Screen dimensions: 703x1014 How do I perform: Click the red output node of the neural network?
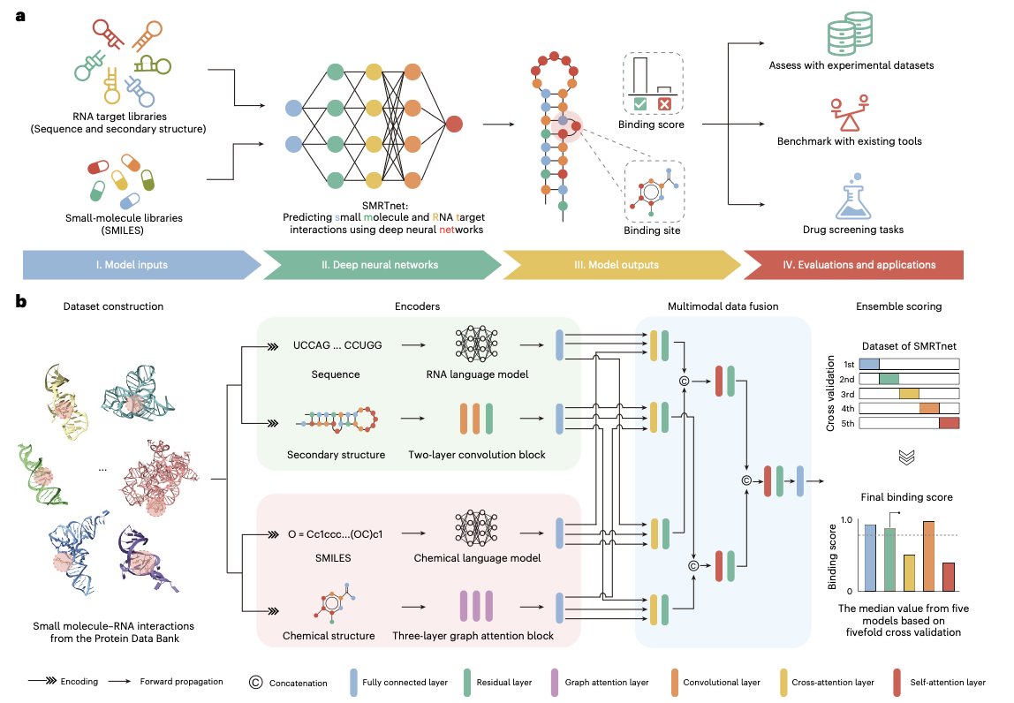[x=453, y=125]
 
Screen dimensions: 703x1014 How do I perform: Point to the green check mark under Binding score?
[x=640, y=103]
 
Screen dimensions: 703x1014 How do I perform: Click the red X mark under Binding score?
[x=664, y=103]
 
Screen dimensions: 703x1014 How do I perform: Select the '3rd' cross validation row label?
[x=848, y=393]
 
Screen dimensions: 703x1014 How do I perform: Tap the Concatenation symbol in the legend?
[x=255, y=682]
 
